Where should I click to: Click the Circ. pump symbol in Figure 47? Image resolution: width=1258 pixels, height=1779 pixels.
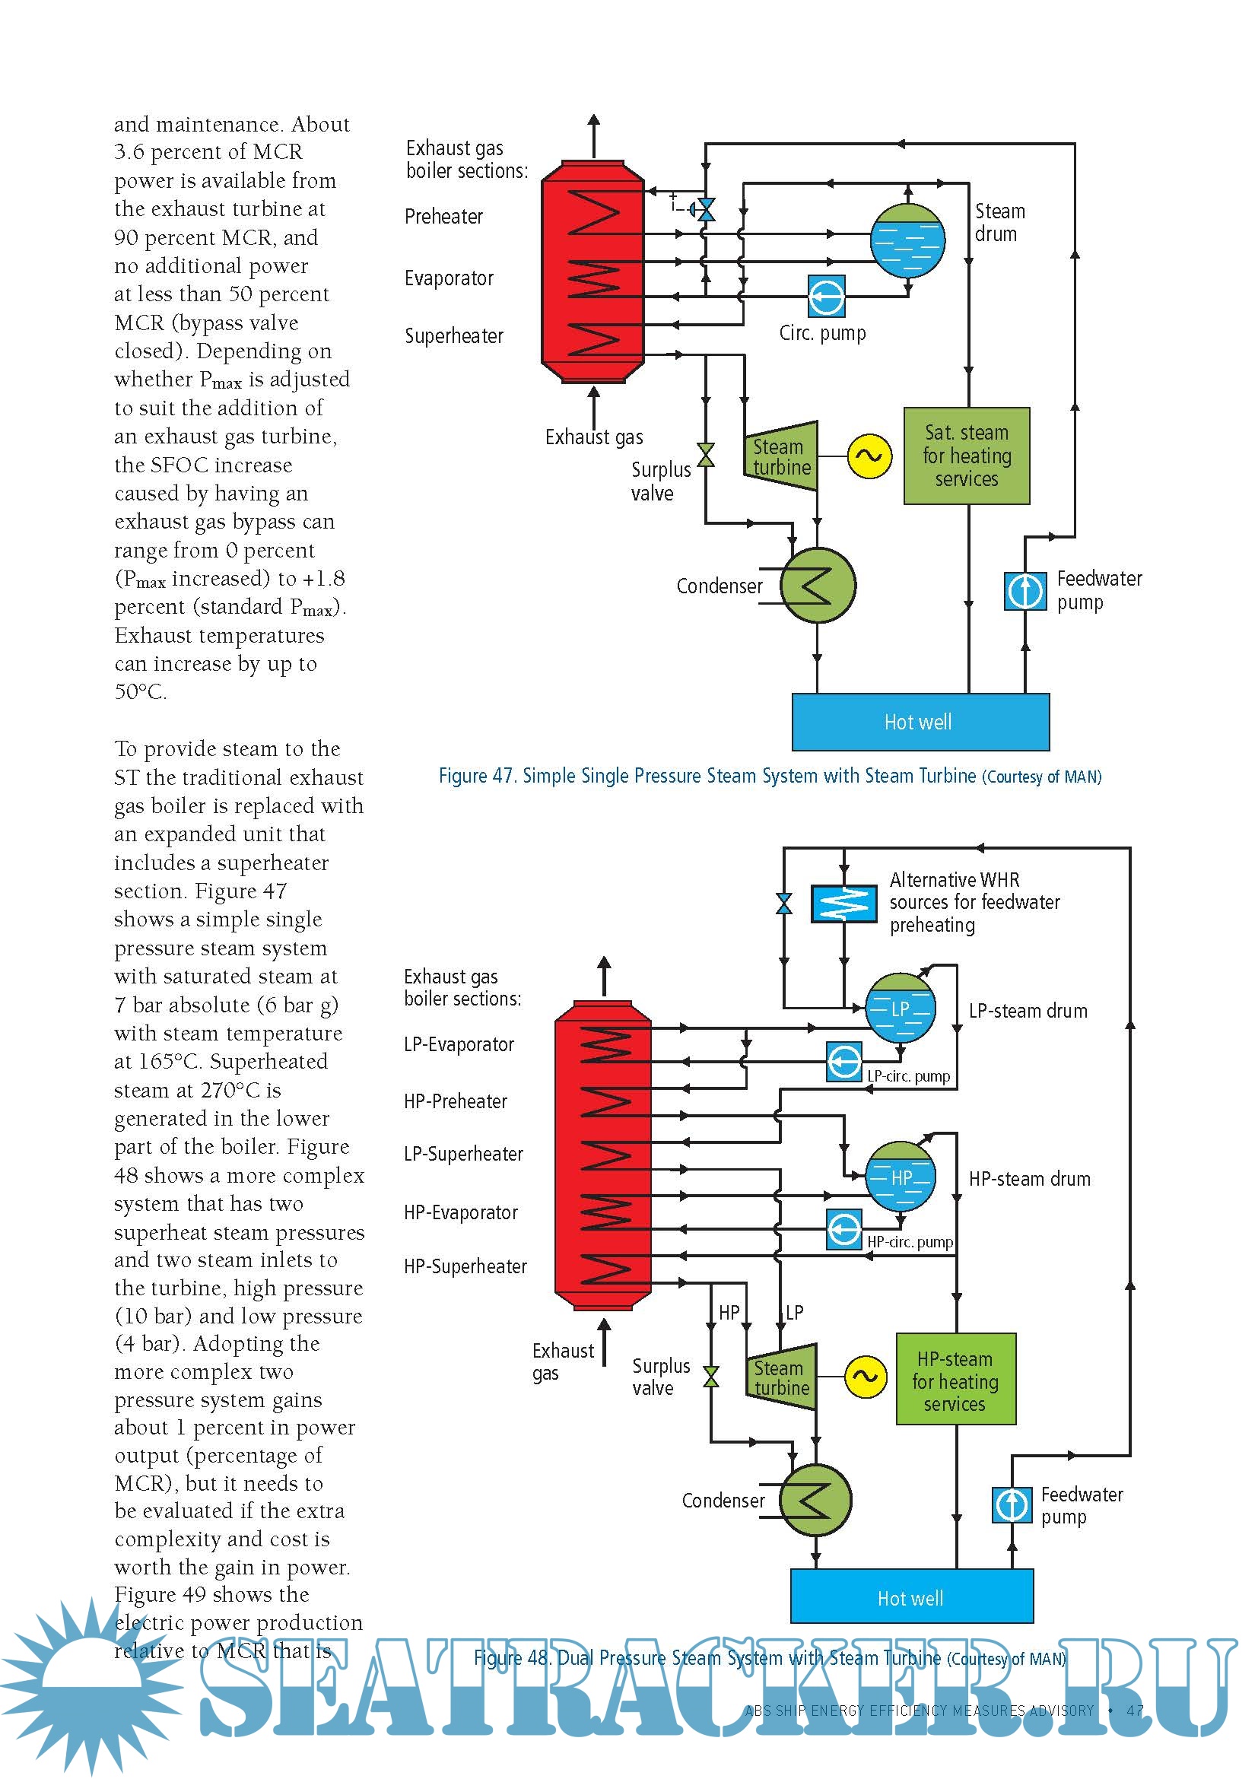(826, 296)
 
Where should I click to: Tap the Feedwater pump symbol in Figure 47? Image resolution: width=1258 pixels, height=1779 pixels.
(1025, 590)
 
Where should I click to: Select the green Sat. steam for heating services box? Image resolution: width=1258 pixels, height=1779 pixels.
(966, 456)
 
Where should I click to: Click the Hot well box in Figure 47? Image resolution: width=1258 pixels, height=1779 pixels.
(920, 721)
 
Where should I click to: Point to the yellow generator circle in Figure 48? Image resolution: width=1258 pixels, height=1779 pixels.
(865, 1377)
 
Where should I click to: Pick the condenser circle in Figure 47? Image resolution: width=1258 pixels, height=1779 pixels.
(817, 585)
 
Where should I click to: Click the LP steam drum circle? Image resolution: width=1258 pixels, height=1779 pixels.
(899, 1008)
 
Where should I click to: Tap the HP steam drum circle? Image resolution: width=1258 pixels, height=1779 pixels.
(899, 1176)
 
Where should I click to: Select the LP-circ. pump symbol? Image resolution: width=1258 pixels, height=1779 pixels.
(844, 1062)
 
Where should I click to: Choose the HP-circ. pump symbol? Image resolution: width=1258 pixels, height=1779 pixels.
(844, 1229)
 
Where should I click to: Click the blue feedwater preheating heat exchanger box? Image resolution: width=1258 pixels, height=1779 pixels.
(843, 904)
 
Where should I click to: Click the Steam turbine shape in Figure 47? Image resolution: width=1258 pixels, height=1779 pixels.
(781, 456)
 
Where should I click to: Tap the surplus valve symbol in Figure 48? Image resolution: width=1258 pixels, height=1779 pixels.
(710, 1377)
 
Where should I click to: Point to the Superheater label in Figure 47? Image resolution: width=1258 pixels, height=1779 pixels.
(454, 336)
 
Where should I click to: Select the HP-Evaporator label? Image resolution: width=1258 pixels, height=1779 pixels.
(461, 1212)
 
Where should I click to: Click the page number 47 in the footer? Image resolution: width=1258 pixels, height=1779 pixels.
(1135, 1710)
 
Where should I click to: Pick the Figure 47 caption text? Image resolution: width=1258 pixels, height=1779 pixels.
(769, 776)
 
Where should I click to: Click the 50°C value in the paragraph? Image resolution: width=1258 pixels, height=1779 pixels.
(139, 692)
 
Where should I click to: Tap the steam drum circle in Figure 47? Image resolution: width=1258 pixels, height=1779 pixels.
(907, 240)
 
